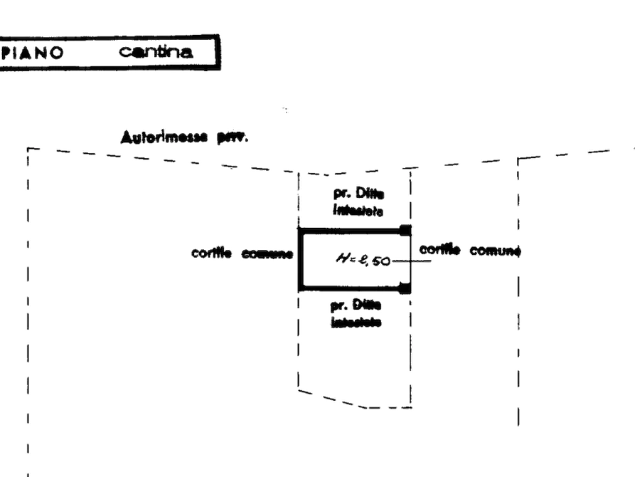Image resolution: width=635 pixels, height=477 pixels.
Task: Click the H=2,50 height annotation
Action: click(362, 261)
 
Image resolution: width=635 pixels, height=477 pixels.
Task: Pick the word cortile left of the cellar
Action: click(210, 254)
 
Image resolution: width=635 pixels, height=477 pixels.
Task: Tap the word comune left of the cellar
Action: click(267, 254)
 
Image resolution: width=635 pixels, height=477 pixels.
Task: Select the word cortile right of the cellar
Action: click(439, 250)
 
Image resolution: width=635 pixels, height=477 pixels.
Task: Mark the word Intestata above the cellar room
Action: click(358, 211)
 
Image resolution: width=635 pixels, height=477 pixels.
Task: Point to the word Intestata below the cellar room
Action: click(357, 322)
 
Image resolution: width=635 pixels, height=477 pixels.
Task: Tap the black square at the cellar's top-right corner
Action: click(406, 229)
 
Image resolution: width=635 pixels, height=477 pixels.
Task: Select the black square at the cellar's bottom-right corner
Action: click(405, 288)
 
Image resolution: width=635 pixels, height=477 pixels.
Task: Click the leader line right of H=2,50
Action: click(412, 261)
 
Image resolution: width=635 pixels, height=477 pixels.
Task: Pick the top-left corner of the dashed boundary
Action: click(29, 152)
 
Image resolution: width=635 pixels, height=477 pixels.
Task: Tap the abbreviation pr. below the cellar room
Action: click(338, 305)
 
